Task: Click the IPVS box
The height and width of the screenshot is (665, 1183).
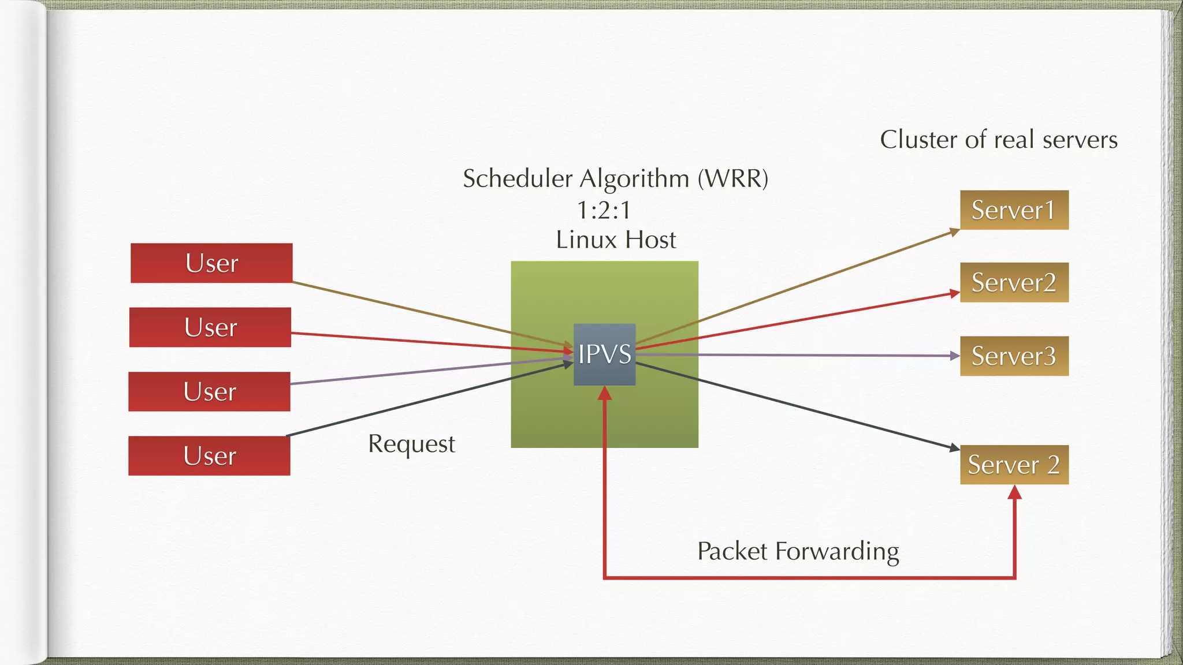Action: point(604,354)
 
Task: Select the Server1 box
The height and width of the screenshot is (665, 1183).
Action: point(1014,210)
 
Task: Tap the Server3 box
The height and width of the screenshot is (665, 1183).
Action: point(1014,356)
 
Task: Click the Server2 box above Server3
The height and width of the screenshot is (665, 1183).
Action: point(1014,283)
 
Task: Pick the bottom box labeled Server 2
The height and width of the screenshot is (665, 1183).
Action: point(1014,465)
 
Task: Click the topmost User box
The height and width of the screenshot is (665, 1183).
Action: point(211,263)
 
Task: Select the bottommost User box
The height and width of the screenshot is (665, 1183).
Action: point(209,456)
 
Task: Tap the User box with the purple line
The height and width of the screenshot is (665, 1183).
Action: point(209,392)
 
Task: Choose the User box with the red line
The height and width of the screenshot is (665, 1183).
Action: point(210,327)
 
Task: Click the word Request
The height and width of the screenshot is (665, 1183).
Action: point(411,444)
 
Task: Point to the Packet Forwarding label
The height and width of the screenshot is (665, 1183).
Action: point(798,551)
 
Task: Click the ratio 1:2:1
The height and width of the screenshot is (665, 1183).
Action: point(604,210)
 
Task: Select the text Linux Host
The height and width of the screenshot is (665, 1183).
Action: point(616,240)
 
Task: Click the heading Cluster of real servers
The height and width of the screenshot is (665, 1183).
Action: point(998,140)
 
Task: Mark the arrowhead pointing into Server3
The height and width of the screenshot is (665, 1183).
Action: point(955,356)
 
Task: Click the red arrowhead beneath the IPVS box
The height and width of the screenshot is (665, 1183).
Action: point(604,394)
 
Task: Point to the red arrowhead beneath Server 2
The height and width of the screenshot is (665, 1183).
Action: point(1014,492)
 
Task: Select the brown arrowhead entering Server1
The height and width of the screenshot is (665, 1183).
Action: point(954,232)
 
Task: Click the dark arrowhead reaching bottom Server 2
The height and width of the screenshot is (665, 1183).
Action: point(954,448)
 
